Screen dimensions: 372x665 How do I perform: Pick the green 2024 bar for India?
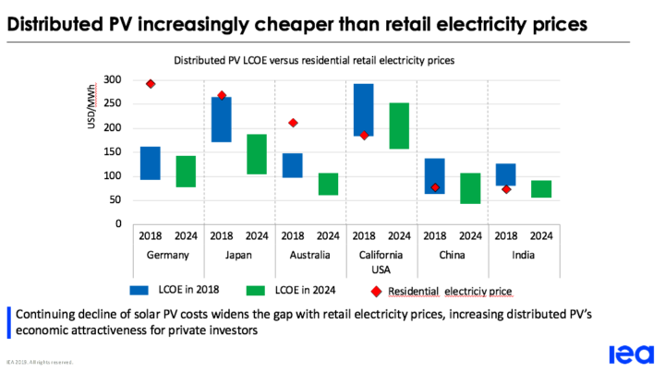click(x=541, y=189)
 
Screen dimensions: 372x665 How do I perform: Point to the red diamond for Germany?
click(x=151, y=84)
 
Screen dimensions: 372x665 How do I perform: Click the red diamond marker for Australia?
click(x=293, y=123)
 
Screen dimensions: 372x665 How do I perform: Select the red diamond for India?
click(x=506, y=189)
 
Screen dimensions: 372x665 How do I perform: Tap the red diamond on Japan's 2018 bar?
click(x=222, y=96)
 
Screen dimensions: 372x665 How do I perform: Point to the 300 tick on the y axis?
click(x=112, y=80)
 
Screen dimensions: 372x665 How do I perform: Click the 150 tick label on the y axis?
click(x=112, y=152)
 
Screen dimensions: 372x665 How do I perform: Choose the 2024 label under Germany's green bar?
click(x=185, y=236)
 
